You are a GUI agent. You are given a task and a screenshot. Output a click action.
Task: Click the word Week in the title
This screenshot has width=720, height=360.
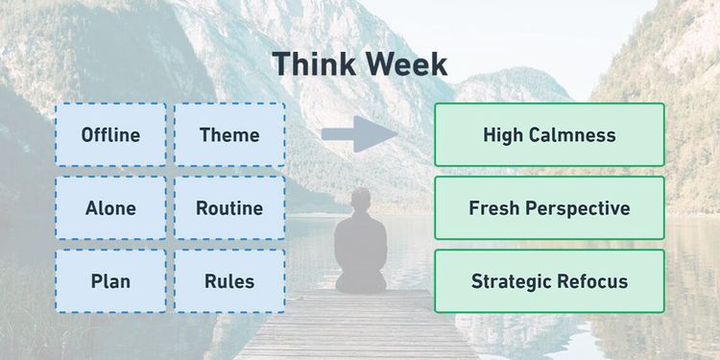point(403,64)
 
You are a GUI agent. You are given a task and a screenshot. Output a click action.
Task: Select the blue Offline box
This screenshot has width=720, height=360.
point(110,134)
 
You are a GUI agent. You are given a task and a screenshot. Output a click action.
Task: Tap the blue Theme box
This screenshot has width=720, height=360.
point(229,134)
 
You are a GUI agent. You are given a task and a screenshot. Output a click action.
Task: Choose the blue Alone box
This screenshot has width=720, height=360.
point(110,207)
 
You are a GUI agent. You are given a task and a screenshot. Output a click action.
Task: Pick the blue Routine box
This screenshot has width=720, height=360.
point(229,207)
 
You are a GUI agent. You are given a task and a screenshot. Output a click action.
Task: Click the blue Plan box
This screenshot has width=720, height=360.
point(110,281)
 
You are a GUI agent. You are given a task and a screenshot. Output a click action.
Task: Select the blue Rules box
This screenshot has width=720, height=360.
point(229,281)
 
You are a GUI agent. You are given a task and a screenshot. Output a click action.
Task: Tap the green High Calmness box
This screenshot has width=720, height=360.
point(549,134)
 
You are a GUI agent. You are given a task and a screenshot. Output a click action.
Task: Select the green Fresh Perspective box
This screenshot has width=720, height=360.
point(549,207)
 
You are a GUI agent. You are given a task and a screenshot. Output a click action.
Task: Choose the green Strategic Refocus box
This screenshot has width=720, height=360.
point(549,281)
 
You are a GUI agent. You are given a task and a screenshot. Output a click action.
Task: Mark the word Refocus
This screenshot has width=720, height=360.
point(590,281)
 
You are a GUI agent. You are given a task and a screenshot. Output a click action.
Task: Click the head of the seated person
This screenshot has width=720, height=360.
point(361,203)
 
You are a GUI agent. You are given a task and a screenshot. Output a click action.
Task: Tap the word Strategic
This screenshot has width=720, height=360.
point(510,281)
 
